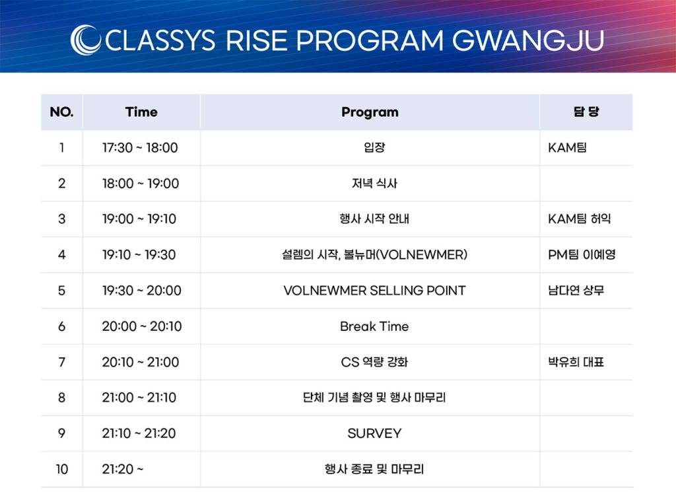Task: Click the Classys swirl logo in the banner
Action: coord(85,40)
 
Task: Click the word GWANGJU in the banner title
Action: coord(527,40)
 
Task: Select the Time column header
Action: coord(141,112)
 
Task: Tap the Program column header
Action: coord(370,112)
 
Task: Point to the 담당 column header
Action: coord(586,112)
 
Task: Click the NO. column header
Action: coord(61,112)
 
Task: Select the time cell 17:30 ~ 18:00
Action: coord(140,147)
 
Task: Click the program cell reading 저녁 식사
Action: coord(374,184)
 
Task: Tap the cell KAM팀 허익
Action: coord(580,219)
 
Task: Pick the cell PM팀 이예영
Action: coord(582,254)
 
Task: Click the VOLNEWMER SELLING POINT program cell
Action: coord(375,290)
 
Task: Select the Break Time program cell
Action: coord(374,326)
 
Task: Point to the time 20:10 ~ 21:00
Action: coord(141,362)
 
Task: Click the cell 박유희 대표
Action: coord(576,362)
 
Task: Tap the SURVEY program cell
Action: coord(374,433)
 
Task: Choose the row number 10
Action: coord(62,469)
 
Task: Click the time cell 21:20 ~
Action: coord(122,469)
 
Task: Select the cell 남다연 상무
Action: coord(576,290)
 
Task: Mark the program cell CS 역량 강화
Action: coord(374,362)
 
